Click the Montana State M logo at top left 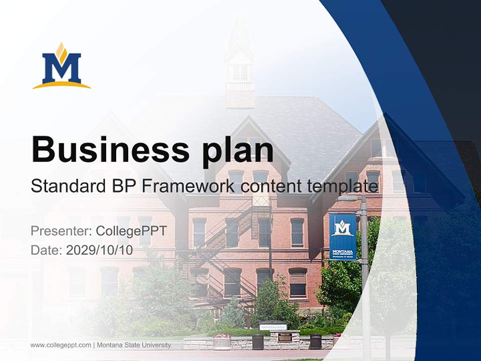coord(62,66)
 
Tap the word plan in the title coord(238,150)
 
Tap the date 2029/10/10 coord(99,250)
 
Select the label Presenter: coord(61,231)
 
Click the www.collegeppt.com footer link coord(61,345)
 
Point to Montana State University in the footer coord(134,345)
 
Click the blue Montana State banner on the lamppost coord(343,237)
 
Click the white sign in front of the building coord(273,327)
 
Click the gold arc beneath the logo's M coord(62,85)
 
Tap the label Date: coord(47,250)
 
